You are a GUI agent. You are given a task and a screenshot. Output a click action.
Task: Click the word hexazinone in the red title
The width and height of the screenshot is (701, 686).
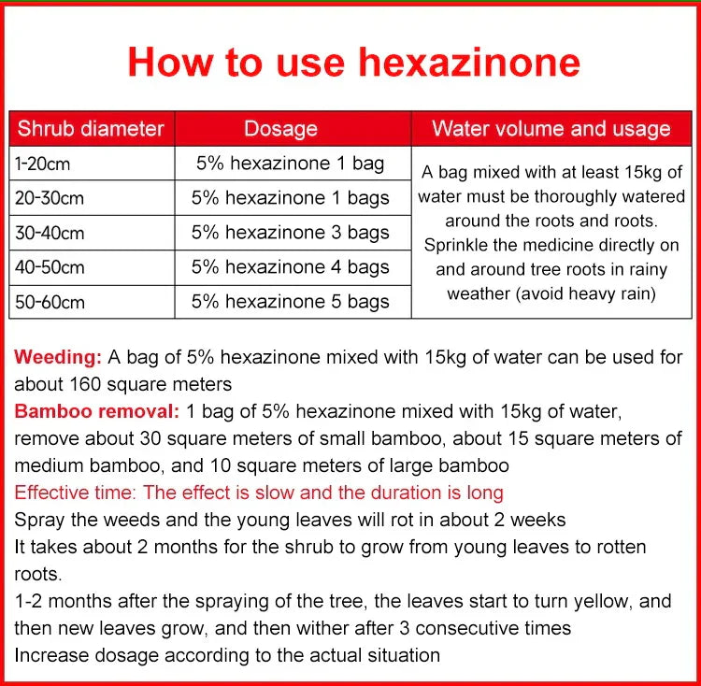pyautogui.click(x=470, y=62)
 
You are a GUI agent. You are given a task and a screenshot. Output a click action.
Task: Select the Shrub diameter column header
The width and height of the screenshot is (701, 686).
pyautogui.click(x=91, y=129)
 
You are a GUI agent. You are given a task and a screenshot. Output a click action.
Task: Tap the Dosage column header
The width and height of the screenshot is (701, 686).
pyautogui.click(x=280, y=129)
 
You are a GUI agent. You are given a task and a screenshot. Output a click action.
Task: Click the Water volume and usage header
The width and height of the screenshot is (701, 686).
pyautogui.click(x=551, y=129)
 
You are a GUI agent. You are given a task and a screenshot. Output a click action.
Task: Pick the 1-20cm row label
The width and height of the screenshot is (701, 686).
pyautogui.click(x=43, y=164)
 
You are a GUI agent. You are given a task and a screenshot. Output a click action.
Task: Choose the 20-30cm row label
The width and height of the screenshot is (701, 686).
pyautogui.click(x=49, y=198)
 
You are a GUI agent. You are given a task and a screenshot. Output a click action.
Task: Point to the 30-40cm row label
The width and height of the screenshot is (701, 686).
pyautogui.click(x=49, y=233)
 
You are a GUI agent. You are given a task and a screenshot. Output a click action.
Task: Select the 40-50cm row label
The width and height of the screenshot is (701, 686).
pyautogui.click(x=49, y=267)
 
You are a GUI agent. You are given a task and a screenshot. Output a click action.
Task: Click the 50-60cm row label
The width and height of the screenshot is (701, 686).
pyautogui.click(x=49, y=302)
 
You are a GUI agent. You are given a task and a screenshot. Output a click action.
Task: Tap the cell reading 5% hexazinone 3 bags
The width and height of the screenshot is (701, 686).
pyautogui.click(x=291, y=233)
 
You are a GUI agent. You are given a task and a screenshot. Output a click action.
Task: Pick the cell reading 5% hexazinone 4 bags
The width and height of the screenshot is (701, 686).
pyautogui.click(x=291, y=267)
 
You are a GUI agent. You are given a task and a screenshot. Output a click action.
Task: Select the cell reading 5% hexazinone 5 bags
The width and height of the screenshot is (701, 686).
pyautogui.click(x=291, y=302)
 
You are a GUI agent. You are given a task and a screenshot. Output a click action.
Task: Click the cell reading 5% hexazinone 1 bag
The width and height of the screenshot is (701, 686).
pyautogui.click(x=290, y=164)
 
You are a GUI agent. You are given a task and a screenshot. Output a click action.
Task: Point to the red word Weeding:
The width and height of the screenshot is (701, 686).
pyautogui.click(x=58, y=357)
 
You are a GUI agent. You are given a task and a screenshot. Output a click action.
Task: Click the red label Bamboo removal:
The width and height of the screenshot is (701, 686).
pyautogui.click(x=96, y=411)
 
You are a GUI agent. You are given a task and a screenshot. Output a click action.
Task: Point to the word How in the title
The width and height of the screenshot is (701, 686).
pyautogui.click(x=168, y=62)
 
